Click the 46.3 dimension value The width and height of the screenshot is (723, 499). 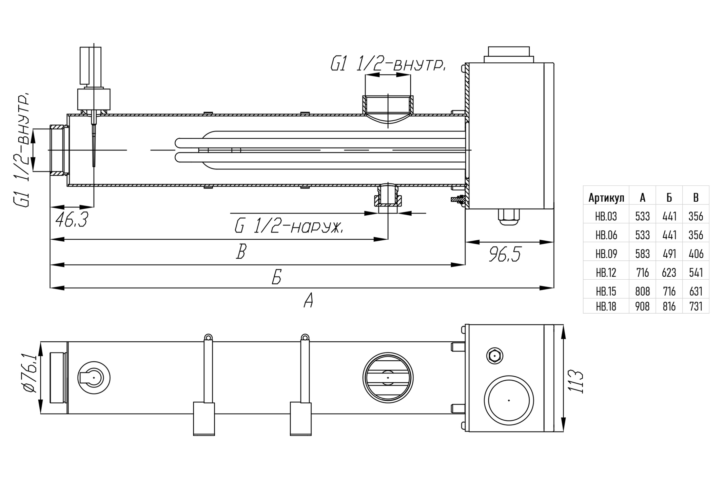click(72, 220)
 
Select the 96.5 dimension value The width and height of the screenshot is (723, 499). click(505, 254)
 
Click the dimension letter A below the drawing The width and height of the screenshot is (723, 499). click(308, 301)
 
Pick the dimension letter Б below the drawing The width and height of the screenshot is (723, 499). click(277, 277)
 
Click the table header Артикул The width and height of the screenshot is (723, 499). click(606, 198)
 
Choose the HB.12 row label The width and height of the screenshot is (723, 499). click(606, 273)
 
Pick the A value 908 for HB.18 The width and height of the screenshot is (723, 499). click(642, 306)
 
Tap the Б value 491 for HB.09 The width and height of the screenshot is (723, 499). click(669, 254)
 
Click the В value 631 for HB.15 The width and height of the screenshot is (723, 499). click(696, 291)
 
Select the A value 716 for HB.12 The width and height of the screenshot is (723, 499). click(642, 273)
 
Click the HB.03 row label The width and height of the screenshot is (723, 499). click(606, 216)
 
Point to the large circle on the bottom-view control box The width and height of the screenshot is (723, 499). click(509, 400)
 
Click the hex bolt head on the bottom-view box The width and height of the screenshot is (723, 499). click(494, 356)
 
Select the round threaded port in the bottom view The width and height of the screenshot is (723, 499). click(388, 378)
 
